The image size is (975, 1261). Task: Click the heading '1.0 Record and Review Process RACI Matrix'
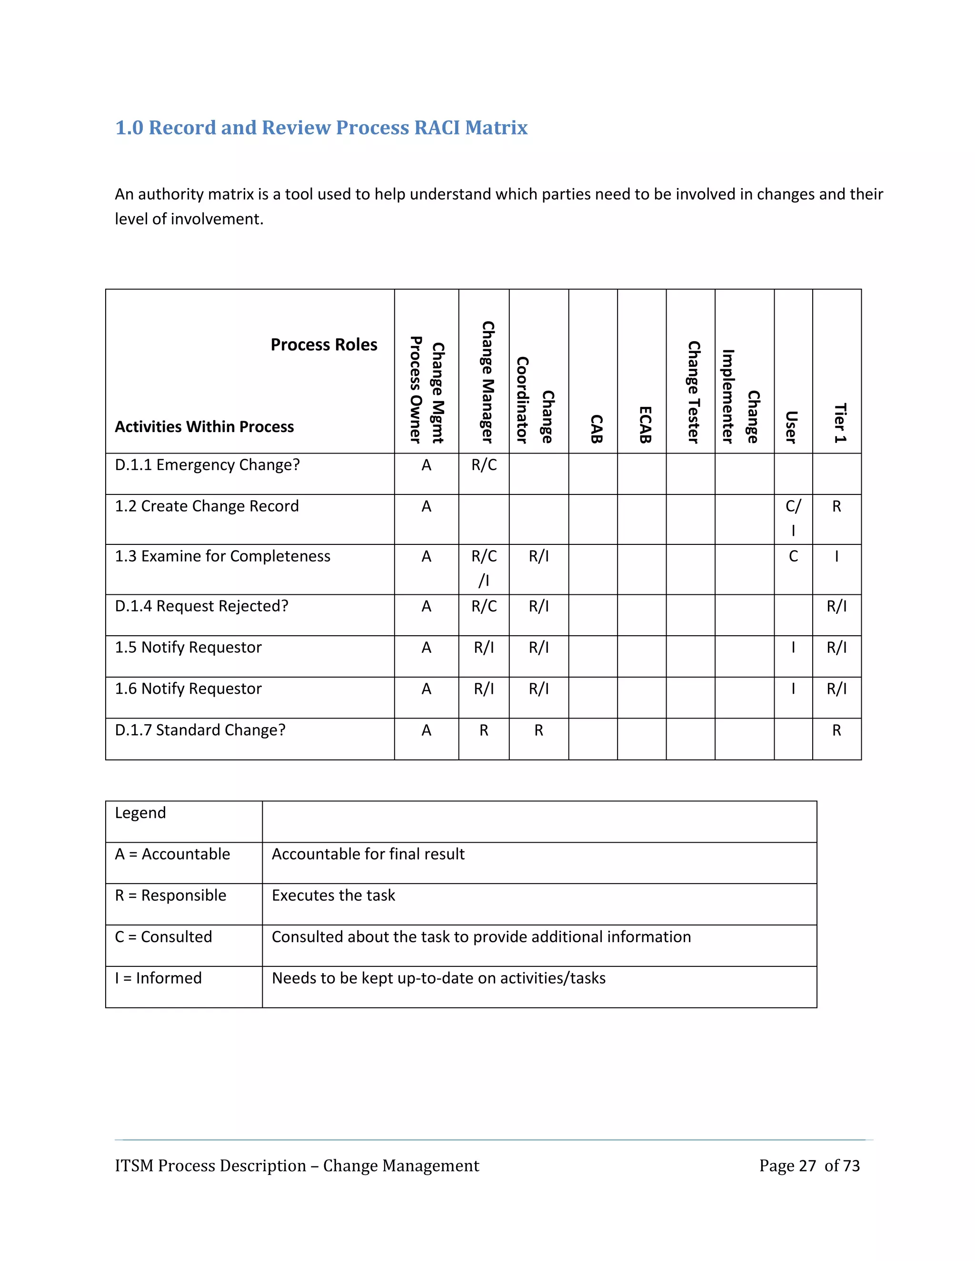pos(321,128)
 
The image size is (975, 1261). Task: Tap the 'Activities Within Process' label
pos(204,427)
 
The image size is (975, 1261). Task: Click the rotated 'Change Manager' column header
pos(487,382)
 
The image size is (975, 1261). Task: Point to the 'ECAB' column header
pos(645,424)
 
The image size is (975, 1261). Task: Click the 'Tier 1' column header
pos(839,423)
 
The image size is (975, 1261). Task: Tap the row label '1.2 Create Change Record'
pos(206,506)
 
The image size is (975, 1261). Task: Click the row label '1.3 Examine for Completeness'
pos(222,556)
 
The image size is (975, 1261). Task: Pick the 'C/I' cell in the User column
pos(793,518)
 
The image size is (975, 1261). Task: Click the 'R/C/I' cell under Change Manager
pos(484,568)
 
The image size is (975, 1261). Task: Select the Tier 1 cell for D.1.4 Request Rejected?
pos(836,606)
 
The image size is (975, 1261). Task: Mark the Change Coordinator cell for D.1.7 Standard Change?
pos(538,730)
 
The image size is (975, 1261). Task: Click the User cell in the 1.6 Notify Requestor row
pos(793,689)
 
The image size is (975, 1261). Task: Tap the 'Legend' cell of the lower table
pos(140,813)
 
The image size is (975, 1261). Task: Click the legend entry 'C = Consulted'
pos(163,936)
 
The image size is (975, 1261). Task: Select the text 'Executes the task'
pos(333,896)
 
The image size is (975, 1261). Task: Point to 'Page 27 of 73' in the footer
pos(809,1166)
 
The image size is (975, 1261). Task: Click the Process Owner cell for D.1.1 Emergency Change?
pos(426,465)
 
